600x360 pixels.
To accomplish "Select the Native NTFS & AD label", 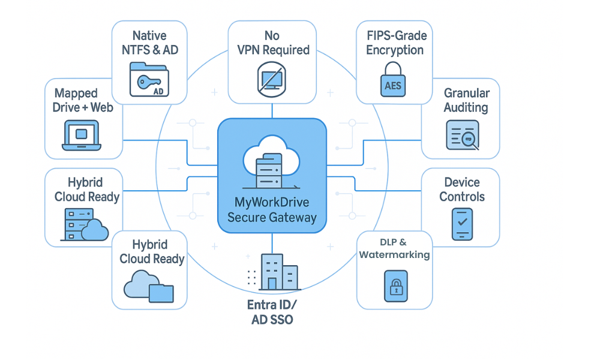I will (x=150, y=43).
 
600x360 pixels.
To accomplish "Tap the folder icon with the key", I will (x=150, y=81).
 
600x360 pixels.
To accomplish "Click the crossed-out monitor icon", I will (x=272, y=79).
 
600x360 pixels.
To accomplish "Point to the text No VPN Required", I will (x=272, y=43).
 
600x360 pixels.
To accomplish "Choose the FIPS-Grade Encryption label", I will (x=395, y=43).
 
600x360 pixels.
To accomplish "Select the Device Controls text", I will (x=461, y=189).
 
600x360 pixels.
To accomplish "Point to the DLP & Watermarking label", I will (x=394, y=248).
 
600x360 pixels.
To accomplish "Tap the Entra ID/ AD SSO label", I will (x=272, y=312).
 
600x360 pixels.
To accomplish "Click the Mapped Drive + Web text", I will (x=84, y=100).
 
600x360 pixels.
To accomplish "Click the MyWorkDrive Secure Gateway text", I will (x=272, y=210).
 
